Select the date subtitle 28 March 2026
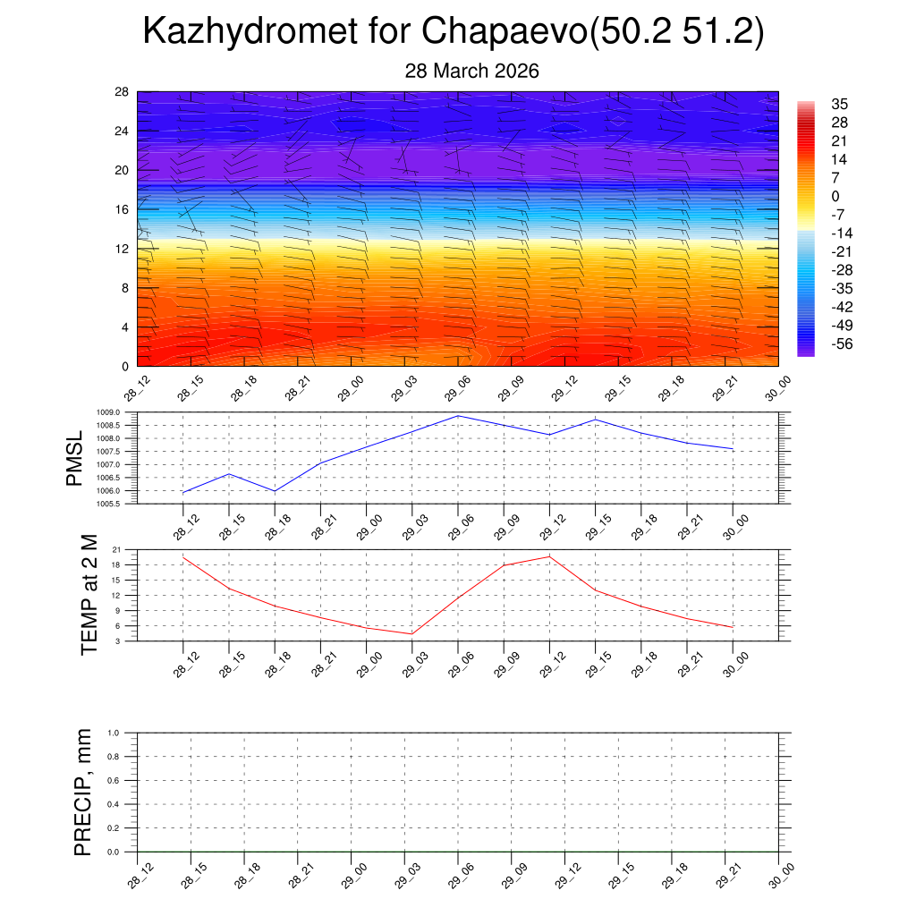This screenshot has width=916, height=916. (x=471, y=71)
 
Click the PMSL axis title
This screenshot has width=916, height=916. (x=75, y=458)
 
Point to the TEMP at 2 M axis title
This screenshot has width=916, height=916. (x=89, y=594)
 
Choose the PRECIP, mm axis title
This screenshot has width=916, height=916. (x=83, y=792)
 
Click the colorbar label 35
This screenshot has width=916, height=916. (x=839, y=105)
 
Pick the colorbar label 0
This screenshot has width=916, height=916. (x=835, y=197)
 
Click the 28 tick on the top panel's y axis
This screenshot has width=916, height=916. (x=122, y=92)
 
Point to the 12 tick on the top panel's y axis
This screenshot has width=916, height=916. (x=122, y=249)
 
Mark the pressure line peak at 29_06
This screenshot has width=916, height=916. (x=458, y=415)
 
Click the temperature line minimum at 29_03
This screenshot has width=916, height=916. (x=411, y=634)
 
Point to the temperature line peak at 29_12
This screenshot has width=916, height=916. (x=549, y=556)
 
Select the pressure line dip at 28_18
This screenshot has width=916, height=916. (x=275, y=491)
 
